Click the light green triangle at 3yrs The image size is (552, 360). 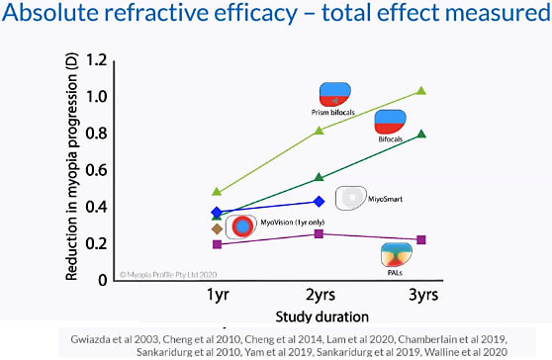coord(421,91)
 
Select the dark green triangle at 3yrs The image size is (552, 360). coord(421,134)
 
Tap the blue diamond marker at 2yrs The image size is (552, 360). coord(319,201)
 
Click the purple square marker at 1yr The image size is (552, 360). coord(218,243)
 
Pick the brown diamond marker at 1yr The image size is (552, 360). coord(218,228)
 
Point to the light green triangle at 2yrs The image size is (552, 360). coord(319,131)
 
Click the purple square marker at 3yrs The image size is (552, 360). coord(421,239)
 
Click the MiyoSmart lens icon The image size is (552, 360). coord(351,198)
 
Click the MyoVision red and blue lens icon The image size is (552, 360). coord(240,226)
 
